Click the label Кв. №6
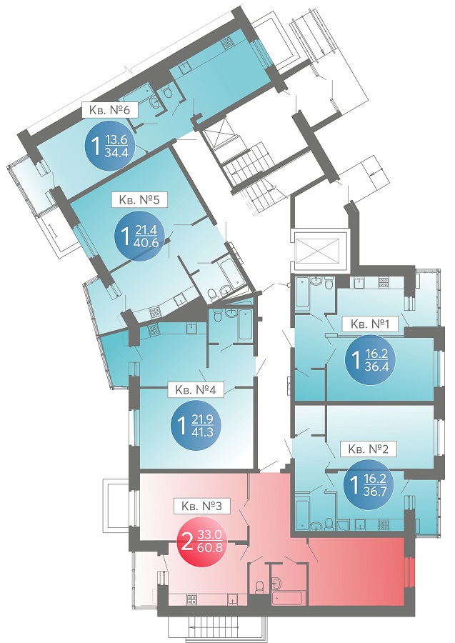point(109,110)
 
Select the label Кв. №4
point(196,389)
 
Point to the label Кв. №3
point(201,506)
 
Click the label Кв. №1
point(370,324)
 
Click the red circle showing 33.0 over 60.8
point(201,541)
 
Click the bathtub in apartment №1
point(301,291)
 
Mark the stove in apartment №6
point(227,43)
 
